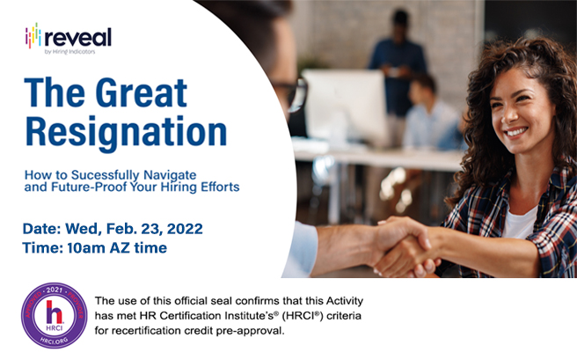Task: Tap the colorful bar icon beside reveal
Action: pyautogui.click(x=34, y=37)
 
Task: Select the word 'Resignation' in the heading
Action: pyautogui.click(x=126, y=129)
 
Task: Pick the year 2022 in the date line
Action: pyautogui.click(x=180, y=229)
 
